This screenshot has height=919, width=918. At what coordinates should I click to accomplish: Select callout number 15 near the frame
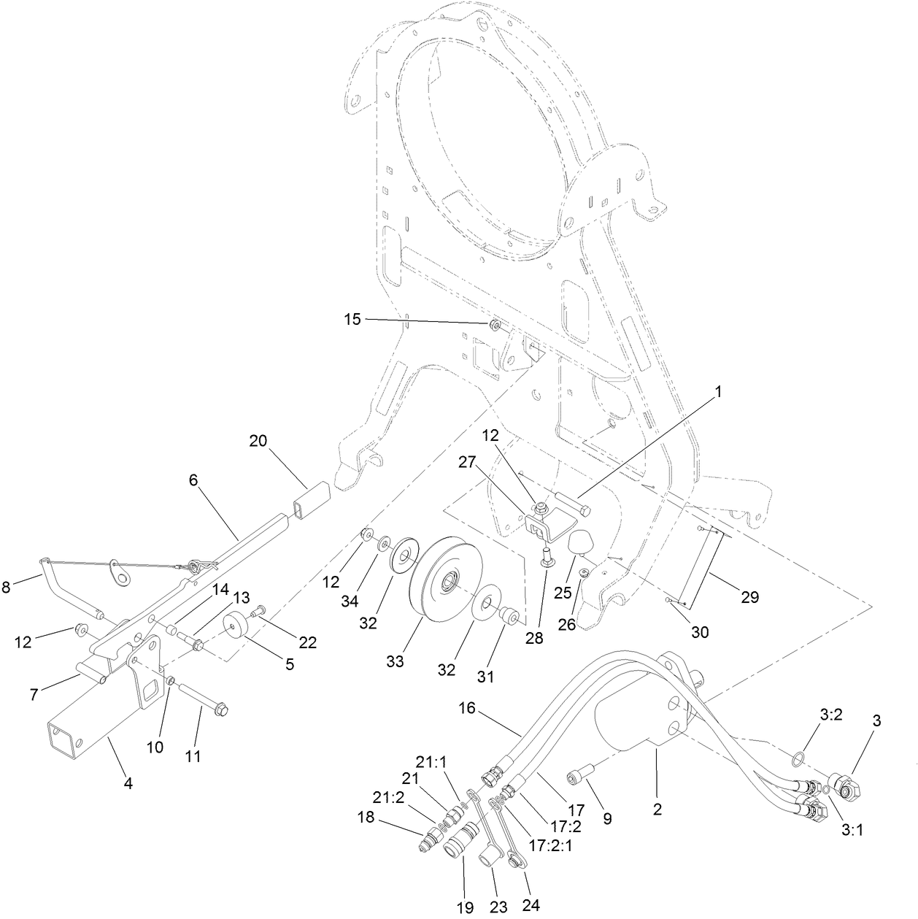point(352,319)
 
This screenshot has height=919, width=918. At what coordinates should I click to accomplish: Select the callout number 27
point(466,461)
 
